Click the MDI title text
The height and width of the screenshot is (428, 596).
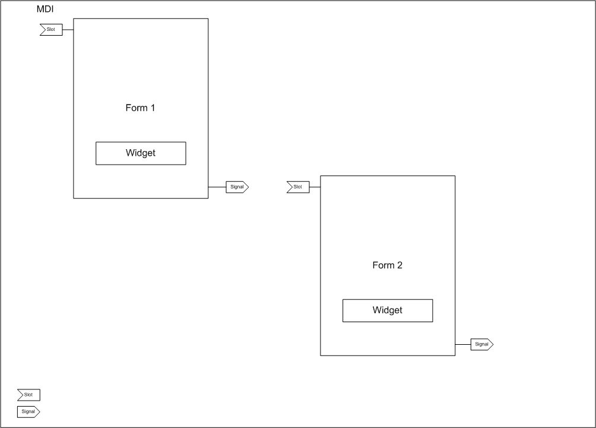[45, 9]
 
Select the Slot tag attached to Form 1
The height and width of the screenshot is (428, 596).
[52, 30]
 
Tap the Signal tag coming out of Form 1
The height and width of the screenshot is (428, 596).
[237, 187]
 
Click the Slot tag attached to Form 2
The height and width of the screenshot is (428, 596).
[299, 187]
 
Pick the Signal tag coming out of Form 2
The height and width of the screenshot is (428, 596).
[482, 344]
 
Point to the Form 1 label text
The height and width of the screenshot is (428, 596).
[140, 108]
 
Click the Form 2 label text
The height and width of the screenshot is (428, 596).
[387, 265]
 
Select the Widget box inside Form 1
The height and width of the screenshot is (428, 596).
[141, 153]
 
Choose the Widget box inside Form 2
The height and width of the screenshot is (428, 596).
[388, 311]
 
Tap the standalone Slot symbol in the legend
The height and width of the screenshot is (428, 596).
[29, 395]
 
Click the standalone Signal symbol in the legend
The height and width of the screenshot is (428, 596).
[28, 411]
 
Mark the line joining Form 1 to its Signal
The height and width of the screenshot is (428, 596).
[217, 187]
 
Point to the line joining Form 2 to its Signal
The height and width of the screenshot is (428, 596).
[463, 344]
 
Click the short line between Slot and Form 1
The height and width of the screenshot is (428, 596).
[68, 30]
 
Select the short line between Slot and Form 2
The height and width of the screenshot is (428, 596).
[315, 187]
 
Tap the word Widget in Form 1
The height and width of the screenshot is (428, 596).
[141, 153]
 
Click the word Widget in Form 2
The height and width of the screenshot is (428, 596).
[387, 310]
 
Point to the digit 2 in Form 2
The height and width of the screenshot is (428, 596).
[400, 265]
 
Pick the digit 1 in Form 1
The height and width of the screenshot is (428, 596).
[153, 108]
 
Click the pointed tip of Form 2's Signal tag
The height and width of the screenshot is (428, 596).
[493, 344]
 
